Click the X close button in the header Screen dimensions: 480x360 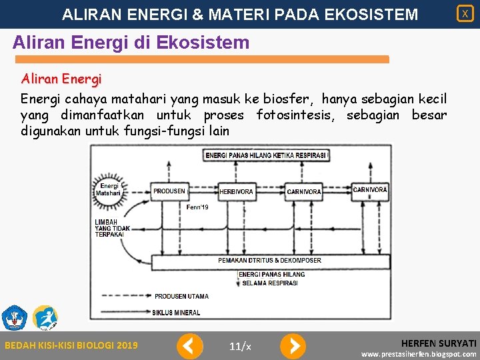click(465, 13)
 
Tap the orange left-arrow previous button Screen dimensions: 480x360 click(189, 345)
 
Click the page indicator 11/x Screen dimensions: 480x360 click(240, 345)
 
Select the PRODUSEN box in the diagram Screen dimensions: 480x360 click(169, 191)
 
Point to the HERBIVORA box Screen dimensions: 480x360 click(236, 191)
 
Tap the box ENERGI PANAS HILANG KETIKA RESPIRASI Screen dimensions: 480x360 click(266, 155)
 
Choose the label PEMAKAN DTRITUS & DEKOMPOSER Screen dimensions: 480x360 click(269, 260)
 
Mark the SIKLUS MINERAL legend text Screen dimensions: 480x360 click(177, 313)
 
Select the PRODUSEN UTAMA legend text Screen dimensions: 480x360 click(181, 296)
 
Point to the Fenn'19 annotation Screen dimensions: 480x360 click(197, 207)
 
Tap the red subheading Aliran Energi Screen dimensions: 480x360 click(61, 79)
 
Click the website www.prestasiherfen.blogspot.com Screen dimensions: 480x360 click(419, 354)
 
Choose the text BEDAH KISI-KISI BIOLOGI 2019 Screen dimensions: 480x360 click(71, 345)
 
